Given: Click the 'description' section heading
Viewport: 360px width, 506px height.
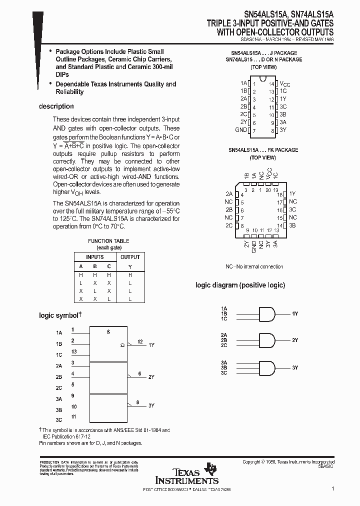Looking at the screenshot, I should [56, 106].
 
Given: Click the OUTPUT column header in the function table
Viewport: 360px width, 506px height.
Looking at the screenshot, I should [130, 257].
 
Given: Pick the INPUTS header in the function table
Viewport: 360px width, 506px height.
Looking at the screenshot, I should [95, 257].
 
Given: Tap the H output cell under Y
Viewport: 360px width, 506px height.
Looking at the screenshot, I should [130, 275].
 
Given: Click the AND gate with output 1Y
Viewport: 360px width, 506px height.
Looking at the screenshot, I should [266, 313].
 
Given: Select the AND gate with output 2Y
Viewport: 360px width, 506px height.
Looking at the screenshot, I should [266, 340].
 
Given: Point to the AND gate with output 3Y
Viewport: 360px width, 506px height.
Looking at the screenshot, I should [266, 367].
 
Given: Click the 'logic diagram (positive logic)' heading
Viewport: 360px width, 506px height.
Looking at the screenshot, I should [240, 285].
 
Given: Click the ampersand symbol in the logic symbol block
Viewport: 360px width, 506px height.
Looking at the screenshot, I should [108, 332].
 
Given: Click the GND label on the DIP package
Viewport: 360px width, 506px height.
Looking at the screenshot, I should [241, 130].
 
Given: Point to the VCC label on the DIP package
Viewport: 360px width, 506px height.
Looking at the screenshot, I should [284, 83].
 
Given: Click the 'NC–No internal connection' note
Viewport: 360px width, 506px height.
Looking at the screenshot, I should [254, 266].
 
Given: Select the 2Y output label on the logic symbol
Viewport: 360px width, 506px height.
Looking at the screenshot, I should [151, 377].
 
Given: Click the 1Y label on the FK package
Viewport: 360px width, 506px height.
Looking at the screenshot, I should [292, 193].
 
